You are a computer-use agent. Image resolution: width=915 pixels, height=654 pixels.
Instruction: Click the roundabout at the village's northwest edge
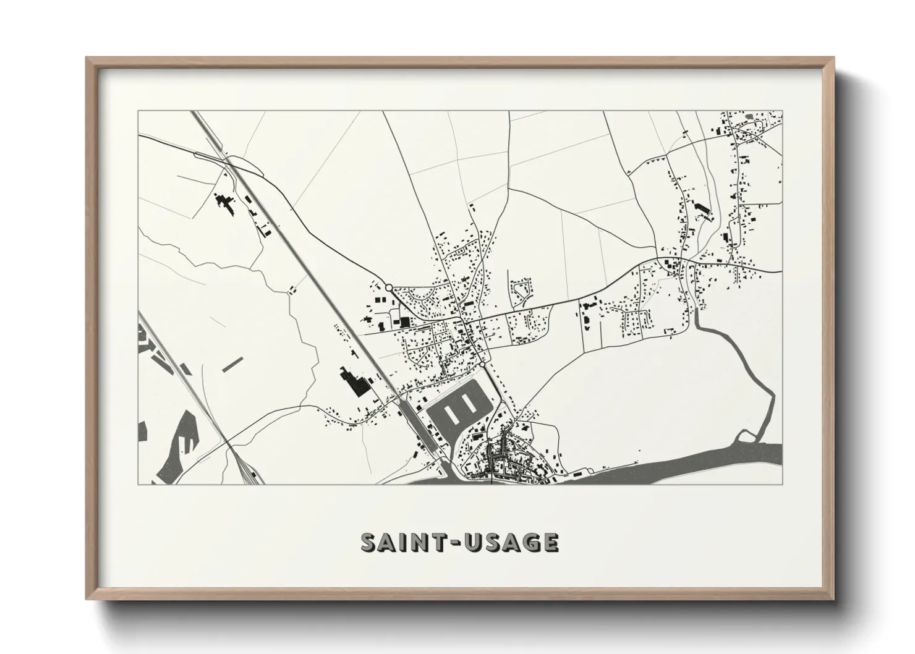coord(389,287)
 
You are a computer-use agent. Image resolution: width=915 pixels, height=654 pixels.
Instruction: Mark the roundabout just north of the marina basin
coord(482,366)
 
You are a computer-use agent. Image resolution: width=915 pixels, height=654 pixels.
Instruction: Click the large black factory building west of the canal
coord(352,383)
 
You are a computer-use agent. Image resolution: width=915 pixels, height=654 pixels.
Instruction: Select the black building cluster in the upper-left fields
coord(224,203)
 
